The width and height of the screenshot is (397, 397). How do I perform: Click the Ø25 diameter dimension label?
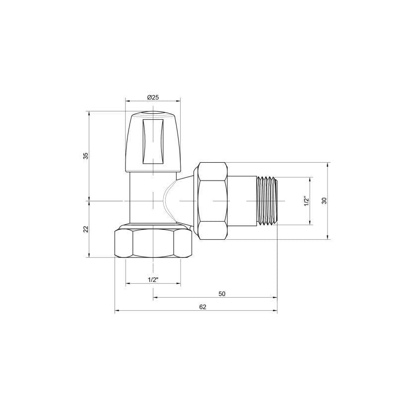[x=153, y=97]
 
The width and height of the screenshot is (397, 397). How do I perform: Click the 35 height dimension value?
[x=85, y=155]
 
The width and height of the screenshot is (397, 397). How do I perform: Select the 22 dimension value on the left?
[x=85, y=229]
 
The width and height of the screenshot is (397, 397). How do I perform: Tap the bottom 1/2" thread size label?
[x=153, y=280]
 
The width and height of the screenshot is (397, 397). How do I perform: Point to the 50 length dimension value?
[x=222, y=294]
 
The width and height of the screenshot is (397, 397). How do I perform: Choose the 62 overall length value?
[x=202, y=307]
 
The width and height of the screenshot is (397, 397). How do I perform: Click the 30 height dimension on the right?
[x=324, y=200]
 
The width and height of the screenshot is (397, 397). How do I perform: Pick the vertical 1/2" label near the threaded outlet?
[x=306, y=201]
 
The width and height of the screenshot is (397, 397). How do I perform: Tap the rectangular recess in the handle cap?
[x=153, y=141]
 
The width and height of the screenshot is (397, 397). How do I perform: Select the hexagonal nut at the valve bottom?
[x=153, y=243]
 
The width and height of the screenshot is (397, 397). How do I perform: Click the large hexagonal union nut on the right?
[x=212, y=200]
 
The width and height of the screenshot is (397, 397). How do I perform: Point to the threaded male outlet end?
[x=268, y=200]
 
